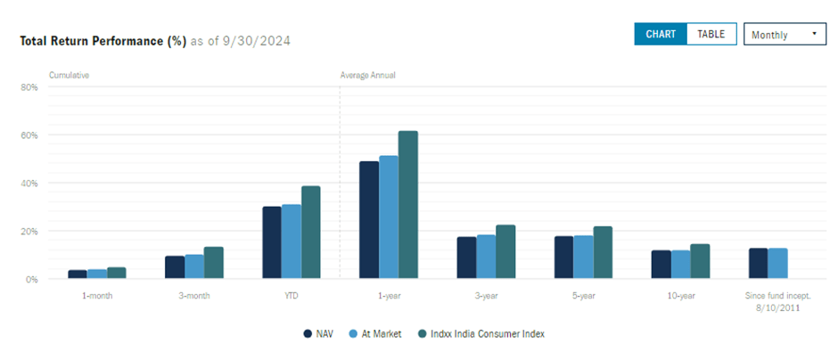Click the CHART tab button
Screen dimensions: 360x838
pos(661,34)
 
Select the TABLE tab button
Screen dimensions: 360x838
pos(711,34)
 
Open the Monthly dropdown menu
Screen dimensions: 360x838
pos(784,35)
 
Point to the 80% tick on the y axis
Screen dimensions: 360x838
pos(29,87)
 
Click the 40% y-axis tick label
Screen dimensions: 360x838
pos(29,184)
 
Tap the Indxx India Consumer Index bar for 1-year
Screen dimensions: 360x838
pos(407,205)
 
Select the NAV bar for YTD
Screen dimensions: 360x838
pos(272,242)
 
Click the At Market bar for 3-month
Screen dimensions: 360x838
pos(193,266)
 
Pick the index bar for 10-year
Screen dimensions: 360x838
pos(700,261)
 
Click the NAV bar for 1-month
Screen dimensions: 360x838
pos(78,274)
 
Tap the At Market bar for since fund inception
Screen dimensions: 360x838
pos(777,263)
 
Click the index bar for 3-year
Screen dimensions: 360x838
pos(505,251)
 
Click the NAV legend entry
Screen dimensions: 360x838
pos(316,334)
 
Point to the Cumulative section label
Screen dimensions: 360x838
pos(69,76)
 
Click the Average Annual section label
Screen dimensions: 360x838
pos(367,76)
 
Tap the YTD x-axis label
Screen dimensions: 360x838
pos(292,295)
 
